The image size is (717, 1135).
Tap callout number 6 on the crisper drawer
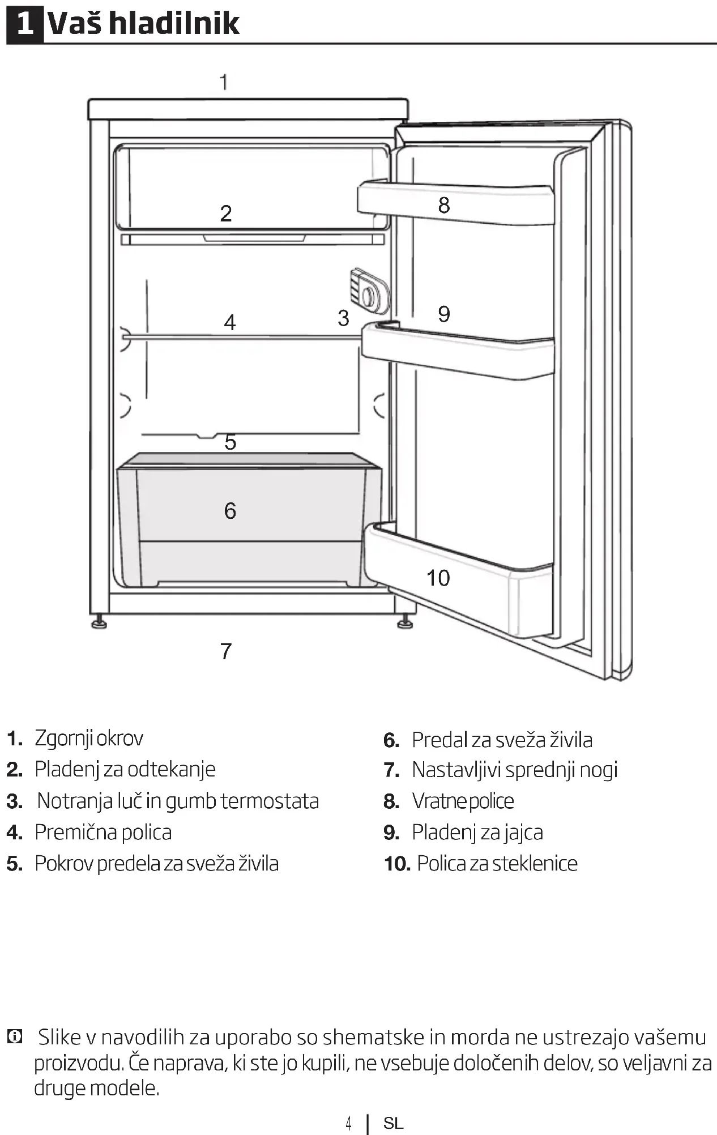230,511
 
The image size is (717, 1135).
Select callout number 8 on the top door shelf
444,205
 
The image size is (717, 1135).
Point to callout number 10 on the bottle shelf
438,578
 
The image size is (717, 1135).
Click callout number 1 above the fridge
224,83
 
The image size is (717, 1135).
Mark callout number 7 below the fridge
226,651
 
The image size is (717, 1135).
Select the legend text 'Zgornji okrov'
89,739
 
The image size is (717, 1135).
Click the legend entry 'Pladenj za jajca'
477,833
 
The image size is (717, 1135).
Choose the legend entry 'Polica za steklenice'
497,864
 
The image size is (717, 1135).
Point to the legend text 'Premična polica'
103,833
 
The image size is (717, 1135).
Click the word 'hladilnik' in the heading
174,24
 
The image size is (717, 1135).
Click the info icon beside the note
15,1037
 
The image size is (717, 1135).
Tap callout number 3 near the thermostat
343,318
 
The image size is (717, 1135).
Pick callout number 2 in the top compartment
226,214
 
